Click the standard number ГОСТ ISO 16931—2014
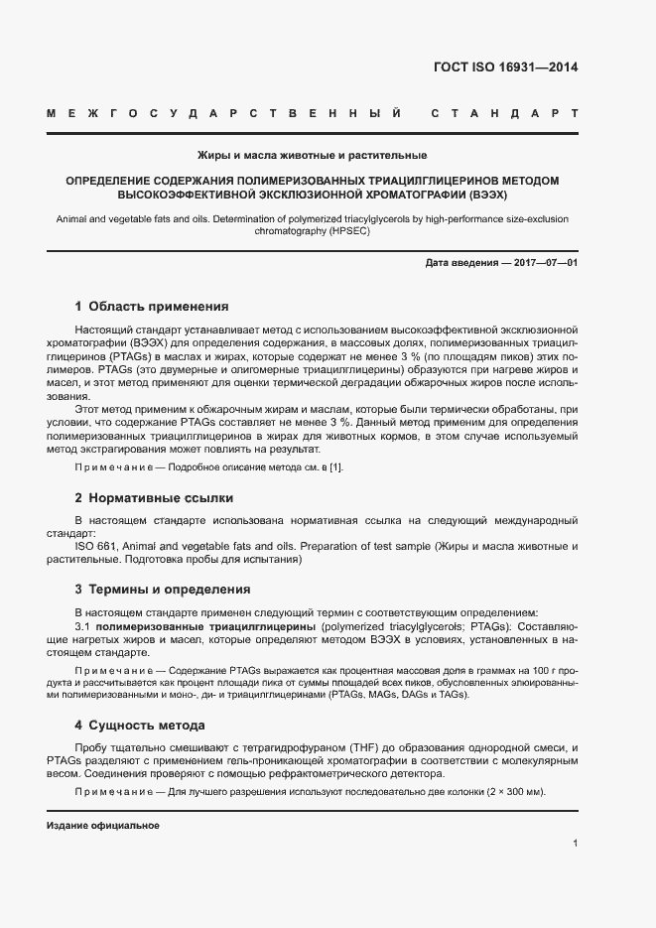pos(505,68)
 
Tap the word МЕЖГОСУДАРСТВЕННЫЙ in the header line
pos(223,115)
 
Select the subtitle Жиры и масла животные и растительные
pos(312,156)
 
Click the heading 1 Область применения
pos(151,307)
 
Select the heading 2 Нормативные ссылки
pos(154,497)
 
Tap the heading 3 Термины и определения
pos(163,589)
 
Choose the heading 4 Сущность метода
pos(140,726)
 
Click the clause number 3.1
pos(83,628)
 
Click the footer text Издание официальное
pos(103,826)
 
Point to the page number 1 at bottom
pos(576,844)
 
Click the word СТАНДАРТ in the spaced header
pos(504,115)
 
